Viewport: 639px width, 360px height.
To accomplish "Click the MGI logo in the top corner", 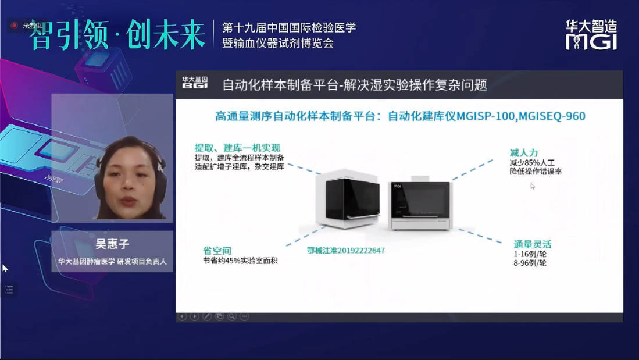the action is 591,35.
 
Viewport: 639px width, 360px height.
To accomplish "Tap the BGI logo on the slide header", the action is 195,83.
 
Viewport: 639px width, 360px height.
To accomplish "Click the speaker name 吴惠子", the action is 112,244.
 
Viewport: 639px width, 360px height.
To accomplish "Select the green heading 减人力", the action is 524,153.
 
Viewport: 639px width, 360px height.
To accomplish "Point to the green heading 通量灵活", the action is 533,244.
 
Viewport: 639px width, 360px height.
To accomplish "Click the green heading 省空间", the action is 217,250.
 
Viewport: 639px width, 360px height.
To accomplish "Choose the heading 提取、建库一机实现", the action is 237,148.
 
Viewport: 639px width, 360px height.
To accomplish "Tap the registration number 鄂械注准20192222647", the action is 346,250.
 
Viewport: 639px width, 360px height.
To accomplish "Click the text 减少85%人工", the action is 532,162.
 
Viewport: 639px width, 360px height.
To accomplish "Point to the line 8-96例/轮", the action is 530,263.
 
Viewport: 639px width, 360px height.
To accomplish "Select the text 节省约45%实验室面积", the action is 240,261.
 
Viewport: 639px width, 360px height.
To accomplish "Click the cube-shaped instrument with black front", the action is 348,198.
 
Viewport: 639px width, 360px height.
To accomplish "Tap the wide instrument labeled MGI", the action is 420,204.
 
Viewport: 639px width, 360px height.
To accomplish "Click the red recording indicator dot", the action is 15,25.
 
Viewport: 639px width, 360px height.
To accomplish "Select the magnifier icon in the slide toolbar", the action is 232,316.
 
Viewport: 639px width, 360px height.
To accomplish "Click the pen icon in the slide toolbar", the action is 207,316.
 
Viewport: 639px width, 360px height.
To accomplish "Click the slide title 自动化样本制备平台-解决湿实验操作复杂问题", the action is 355,85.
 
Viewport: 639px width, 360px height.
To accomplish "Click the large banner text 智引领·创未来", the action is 117,35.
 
